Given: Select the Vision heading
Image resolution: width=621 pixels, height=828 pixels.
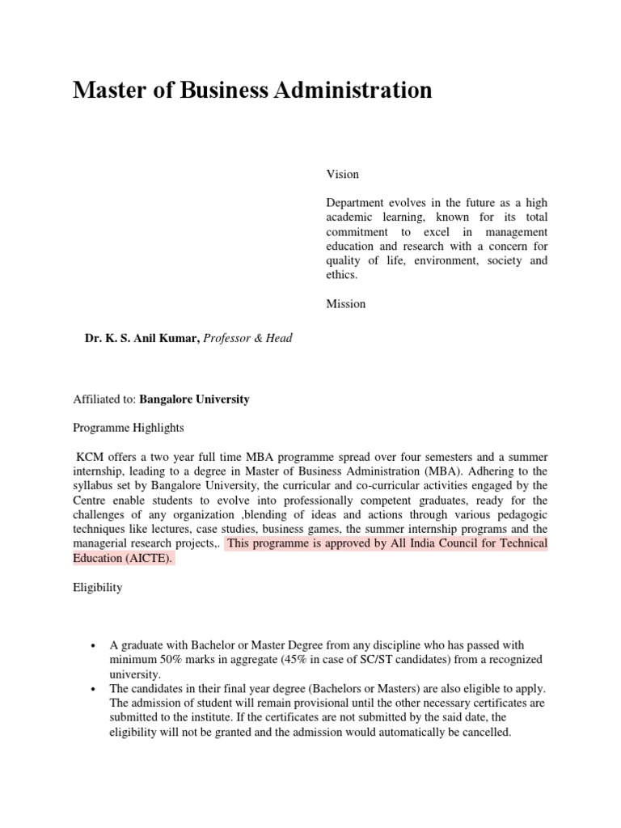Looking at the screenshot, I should [343, 174].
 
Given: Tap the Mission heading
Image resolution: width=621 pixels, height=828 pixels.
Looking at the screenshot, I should [346, 304].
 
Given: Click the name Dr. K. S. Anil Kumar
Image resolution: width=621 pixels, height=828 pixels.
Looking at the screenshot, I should [142, 339].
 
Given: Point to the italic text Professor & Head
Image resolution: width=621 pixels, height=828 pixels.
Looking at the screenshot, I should [247, 339].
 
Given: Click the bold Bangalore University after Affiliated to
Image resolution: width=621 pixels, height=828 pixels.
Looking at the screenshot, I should [194, 399].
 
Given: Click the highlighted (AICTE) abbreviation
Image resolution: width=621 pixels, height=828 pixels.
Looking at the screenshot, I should [147, 558].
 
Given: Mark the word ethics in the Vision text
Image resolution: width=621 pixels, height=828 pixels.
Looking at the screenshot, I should [341, 275].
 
